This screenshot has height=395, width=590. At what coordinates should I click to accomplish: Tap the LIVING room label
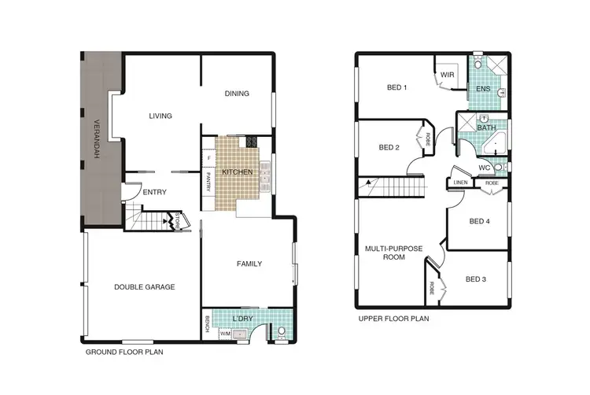[x=160, y=116]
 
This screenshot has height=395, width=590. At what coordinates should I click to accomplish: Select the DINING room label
[x=237, y=94]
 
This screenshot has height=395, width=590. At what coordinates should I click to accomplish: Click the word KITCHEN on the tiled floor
[x=237, y=172]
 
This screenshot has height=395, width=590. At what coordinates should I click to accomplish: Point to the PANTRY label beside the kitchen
[x=208, y=184]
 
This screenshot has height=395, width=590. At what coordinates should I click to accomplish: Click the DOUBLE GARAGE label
[x=144, y=287]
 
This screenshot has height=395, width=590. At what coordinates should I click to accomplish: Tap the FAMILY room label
[x=249, y=264]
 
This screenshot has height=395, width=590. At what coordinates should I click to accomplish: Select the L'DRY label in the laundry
[x=243, y=318]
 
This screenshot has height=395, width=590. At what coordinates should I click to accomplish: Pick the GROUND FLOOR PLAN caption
[x=124, y=353]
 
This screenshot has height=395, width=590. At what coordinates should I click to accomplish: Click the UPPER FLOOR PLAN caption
[x=393, y=319]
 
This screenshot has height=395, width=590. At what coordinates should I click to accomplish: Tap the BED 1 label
[x=397, y=87]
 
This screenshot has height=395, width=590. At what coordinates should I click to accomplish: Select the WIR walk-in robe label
[x=447, y=75]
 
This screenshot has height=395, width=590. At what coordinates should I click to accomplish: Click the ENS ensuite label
[x=483, y=89]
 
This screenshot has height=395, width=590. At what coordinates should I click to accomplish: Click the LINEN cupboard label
[x=462, y=183]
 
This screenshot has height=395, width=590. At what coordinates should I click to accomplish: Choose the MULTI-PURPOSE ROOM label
[x=393, y=253]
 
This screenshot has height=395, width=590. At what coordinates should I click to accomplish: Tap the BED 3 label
[x=477, y=279]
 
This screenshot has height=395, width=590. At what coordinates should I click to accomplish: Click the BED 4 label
[x=479, y=222]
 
